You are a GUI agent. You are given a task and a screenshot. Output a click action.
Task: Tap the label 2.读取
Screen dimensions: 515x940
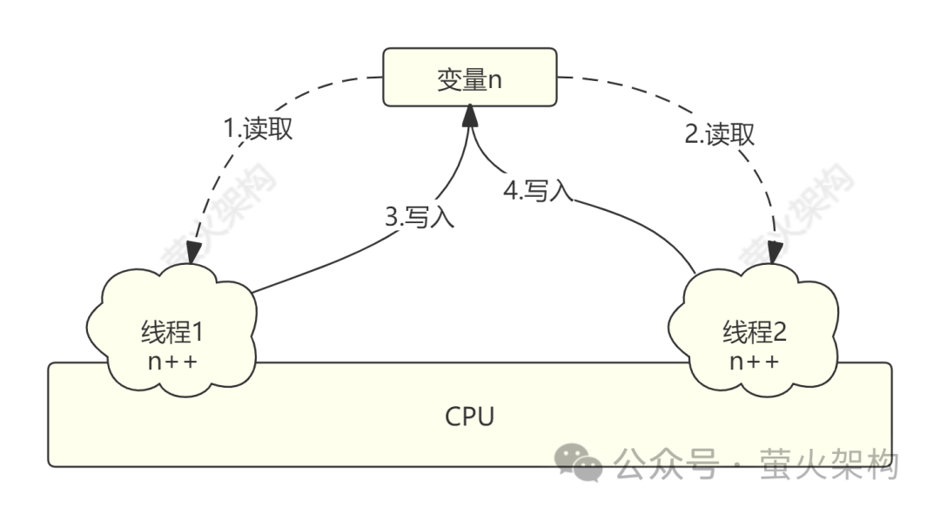(x=719, y=134)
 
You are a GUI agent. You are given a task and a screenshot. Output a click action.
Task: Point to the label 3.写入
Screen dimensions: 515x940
(x=420, y=216)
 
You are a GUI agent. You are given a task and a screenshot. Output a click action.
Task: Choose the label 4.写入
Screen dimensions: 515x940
(x=537, y=191)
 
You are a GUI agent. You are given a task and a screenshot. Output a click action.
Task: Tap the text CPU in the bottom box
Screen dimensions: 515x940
(x=469, y=417)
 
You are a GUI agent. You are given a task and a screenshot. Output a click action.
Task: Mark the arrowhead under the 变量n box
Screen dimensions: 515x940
(x=470, y=113)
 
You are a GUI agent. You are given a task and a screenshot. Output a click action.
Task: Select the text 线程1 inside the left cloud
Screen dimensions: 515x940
(x=171, y=332)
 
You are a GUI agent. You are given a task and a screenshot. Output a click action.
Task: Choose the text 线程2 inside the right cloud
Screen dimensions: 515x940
(x=754, y=332)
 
